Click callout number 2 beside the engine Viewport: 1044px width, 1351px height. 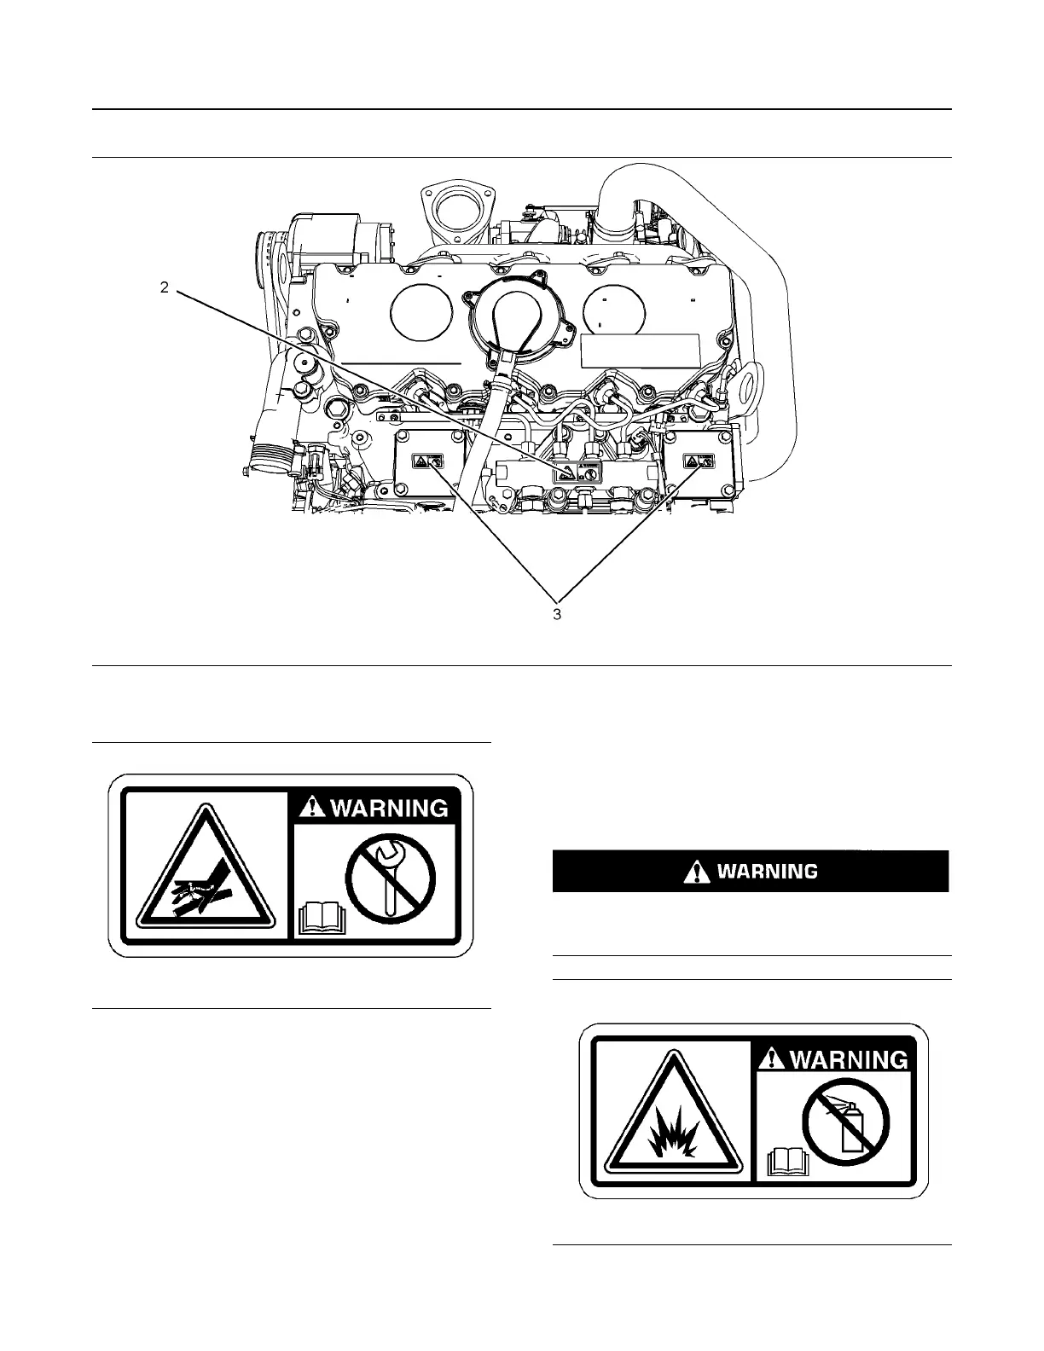pos(165,287)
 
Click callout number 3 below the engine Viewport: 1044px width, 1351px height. pos(557,614)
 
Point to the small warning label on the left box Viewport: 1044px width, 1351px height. pos(427,461)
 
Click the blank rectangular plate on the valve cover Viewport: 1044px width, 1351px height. pos(640,350)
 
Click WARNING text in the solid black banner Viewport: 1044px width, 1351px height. pos(767,872)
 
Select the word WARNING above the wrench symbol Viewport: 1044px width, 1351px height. pos(388,807)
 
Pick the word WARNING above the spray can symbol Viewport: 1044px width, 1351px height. pos(849,1058)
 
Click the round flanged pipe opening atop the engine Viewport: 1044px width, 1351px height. pos(460,206)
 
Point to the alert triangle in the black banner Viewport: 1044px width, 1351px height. pos(697,872)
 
